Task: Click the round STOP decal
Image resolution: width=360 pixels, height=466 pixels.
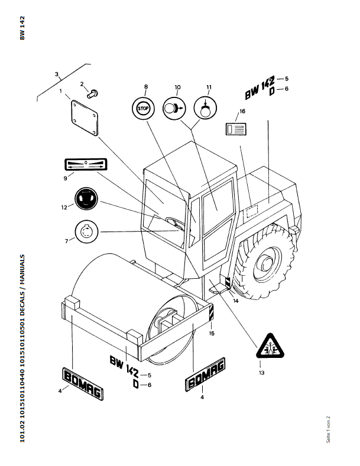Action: pyautogui.click(x=144, y=108)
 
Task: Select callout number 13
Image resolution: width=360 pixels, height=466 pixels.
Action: pyautogui.click(x=262, y=373)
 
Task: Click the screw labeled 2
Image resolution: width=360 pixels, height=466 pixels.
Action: pyautogui.click(x=92, y=93)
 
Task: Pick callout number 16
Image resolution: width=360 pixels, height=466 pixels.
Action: pyautogui.click(x=242, y=111)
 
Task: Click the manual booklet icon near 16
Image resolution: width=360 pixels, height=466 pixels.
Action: pyautogui.click(x=235, y=129)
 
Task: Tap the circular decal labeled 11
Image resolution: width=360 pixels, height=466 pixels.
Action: pyautogui.click(x=205, y=108)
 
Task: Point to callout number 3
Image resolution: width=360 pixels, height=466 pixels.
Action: pyautogui.click(x=57, y=74)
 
